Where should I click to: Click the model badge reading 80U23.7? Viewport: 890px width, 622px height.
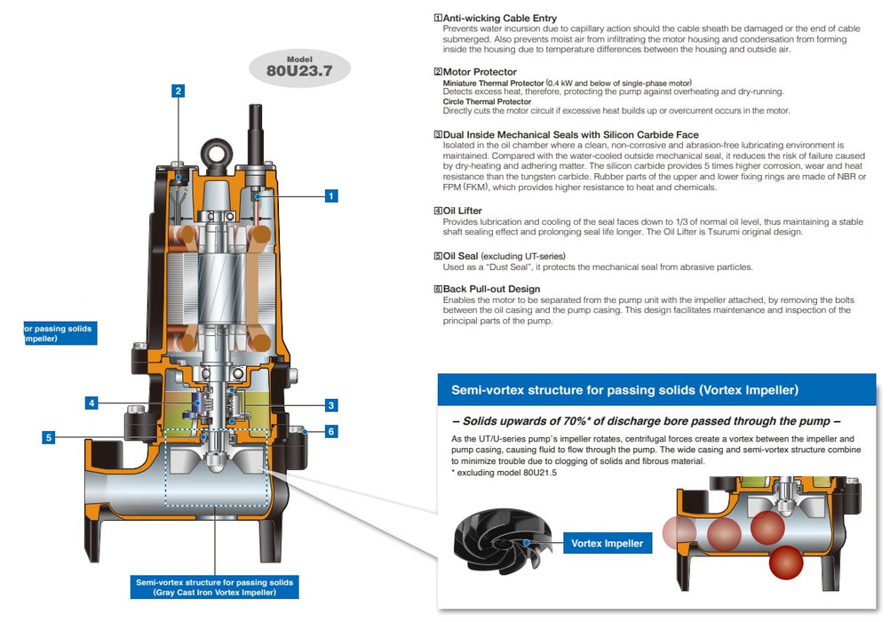[x=299, y=68]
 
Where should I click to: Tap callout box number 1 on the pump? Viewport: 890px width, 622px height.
[x=330, y=195]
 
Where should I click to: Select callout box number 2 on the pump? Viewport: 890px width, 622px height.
[x=179, y=91]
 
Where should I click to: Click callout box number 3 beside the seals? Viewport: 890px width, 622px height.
[x=330, y=405]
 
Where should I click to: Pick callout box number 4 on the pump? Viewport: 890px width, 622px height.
[x=91, y=403]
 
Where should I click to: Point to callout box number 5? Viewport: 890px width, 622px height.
[x=48, y=437]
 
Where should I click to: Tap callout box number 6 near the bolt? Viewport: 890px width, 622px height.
[x=330, y=432]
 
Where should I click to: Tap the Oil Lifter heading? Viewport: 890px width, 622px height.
[x=462, y=211]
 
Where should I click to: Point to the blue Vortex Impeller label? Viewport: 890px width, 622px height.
[x=608, y=543]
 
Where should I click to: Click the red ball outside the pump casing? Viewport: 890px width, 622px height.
[x=785, y=564]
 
